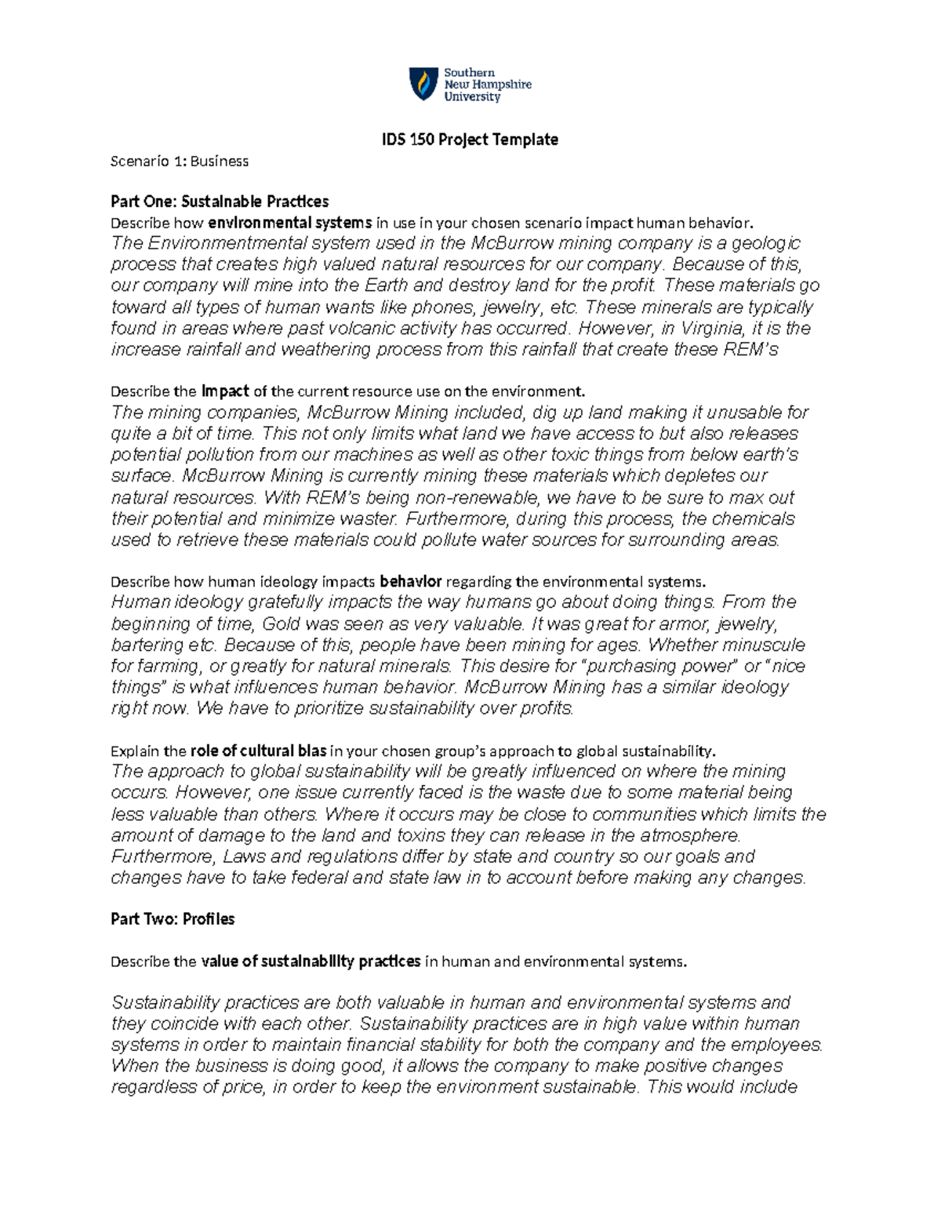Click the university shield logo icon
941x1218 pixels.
coord(423,84)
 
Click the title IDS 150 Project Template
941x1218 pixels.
coord(470,140)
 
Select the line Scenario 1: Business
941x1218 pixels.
coord(180,162)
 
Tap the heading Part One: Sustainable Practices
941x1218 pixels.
coord(220,202)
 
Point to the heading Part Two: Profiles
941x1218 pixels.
coord(173,919)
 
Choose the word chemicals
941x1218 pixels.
coord(753,519)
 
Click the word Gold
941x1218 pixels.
coord(282,624)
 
